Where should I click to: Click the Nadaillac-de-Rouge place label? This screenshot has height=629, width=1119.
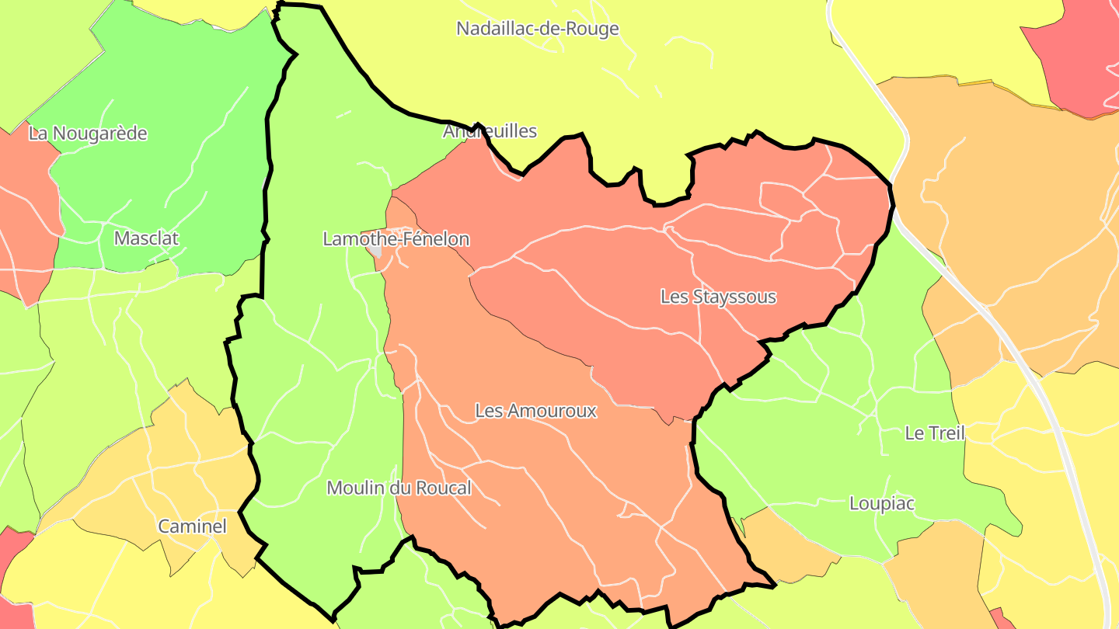(x=537, y=29)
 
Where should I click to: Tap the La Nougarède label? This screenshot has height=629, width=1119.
(x=88, y=133)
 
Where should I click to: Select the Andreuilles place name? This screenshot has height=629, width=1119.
(x=490, y=130)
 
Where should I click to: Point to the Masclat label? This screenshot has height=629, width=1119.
(x=146, y=238)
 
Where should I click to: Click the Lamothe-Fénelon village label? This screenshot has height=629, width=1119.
(x=396, y=238)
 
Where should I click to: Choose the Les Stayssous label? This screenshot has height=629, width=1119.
(x=718, y=296)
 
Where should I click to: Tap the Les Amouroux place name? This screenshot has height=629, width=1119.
(x=535, y=410)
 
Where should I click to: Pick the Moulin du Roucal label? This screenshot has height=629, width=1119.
(x=399, y=488)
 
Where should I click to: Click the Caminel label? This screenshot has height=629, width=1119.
(x=192, y=526)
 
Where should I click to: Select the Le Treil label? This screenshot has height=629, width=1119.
(x=934, y=433)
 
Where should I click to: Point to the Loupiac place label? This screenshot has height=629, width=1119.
(x=881, y=503)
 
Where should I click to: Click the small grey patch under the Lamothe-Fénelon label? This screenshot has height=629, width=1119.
(x=376, y=252)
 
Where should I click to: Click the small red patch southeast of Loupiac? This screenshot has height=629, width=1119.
(x=999, y=618)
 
